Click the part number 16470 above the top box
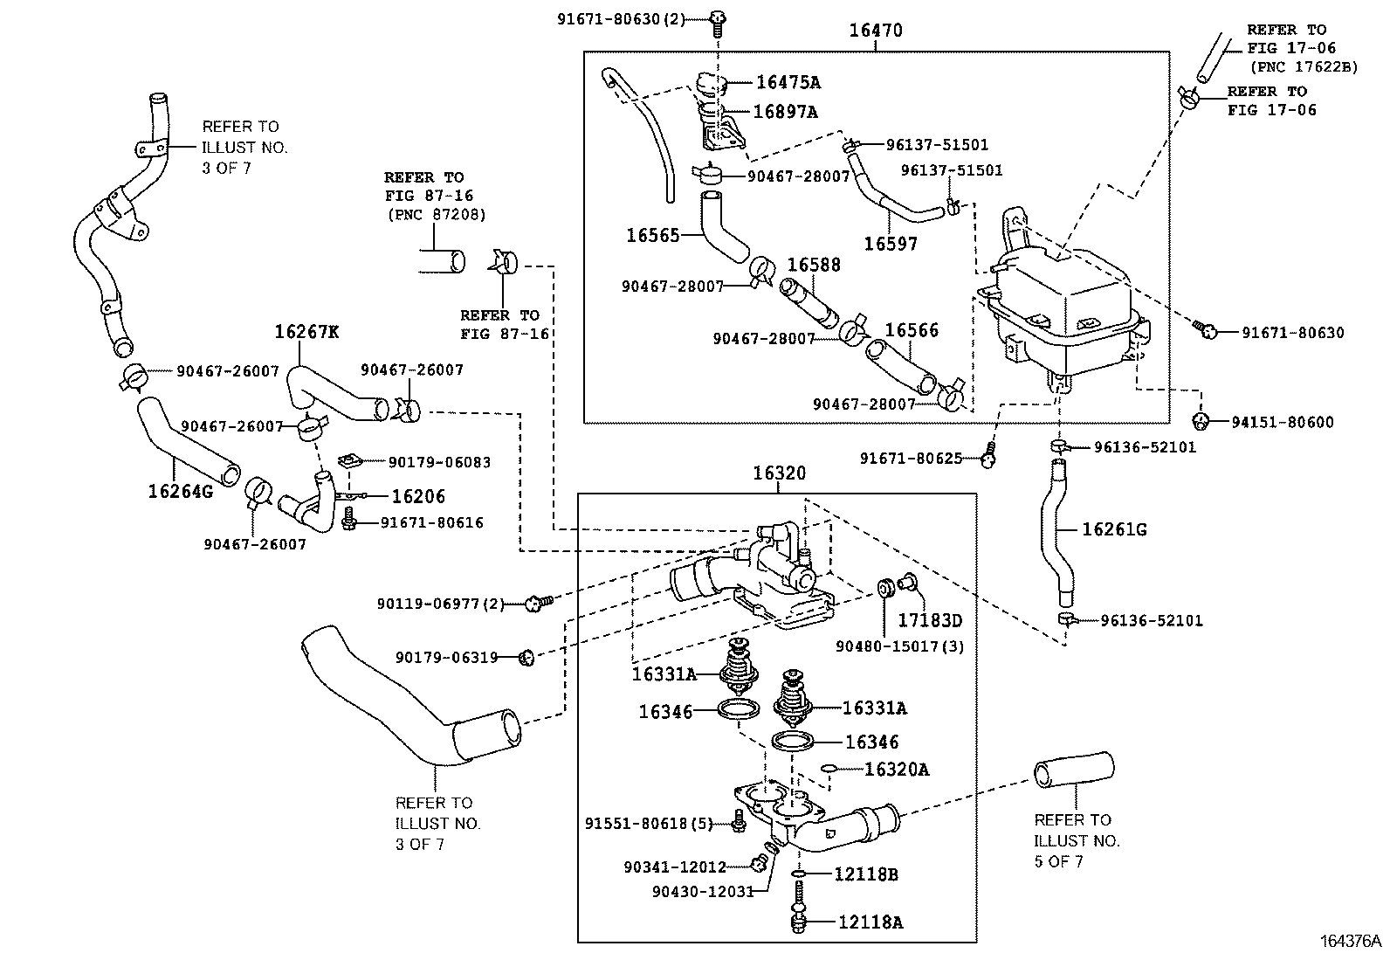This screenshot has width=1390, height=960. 876,31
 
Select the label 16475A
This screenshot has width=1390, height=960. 788,82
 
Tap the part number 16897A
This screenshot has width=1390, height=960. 785,112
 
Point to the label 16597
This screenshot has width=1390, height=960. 891,244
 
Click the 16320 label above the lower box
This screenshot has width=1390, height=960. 780,473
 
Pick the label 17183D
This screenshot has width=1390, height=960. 930,621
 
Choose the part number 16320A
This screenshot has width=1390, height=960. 897,770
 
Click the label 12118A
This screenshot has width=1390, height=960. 870,922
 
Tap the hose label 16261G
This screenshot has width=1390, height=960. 1114,529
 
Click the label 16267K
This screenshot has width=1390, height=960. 306,331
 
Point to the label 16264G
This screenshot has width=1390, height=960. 180,492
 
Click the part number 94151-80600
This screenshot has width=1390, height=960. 1283,423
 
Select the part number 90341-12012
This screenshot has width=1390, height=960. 675,867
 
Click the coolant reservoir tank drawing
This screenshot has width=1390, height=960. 1061,306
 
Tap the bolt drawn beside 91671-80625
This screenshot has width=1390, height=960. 988,456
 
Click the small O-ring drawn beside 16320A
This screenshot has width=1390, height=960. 829,770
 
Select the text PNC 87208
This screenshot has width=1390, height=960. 436,214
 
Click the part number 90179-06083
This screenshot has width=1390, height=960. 439,462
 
